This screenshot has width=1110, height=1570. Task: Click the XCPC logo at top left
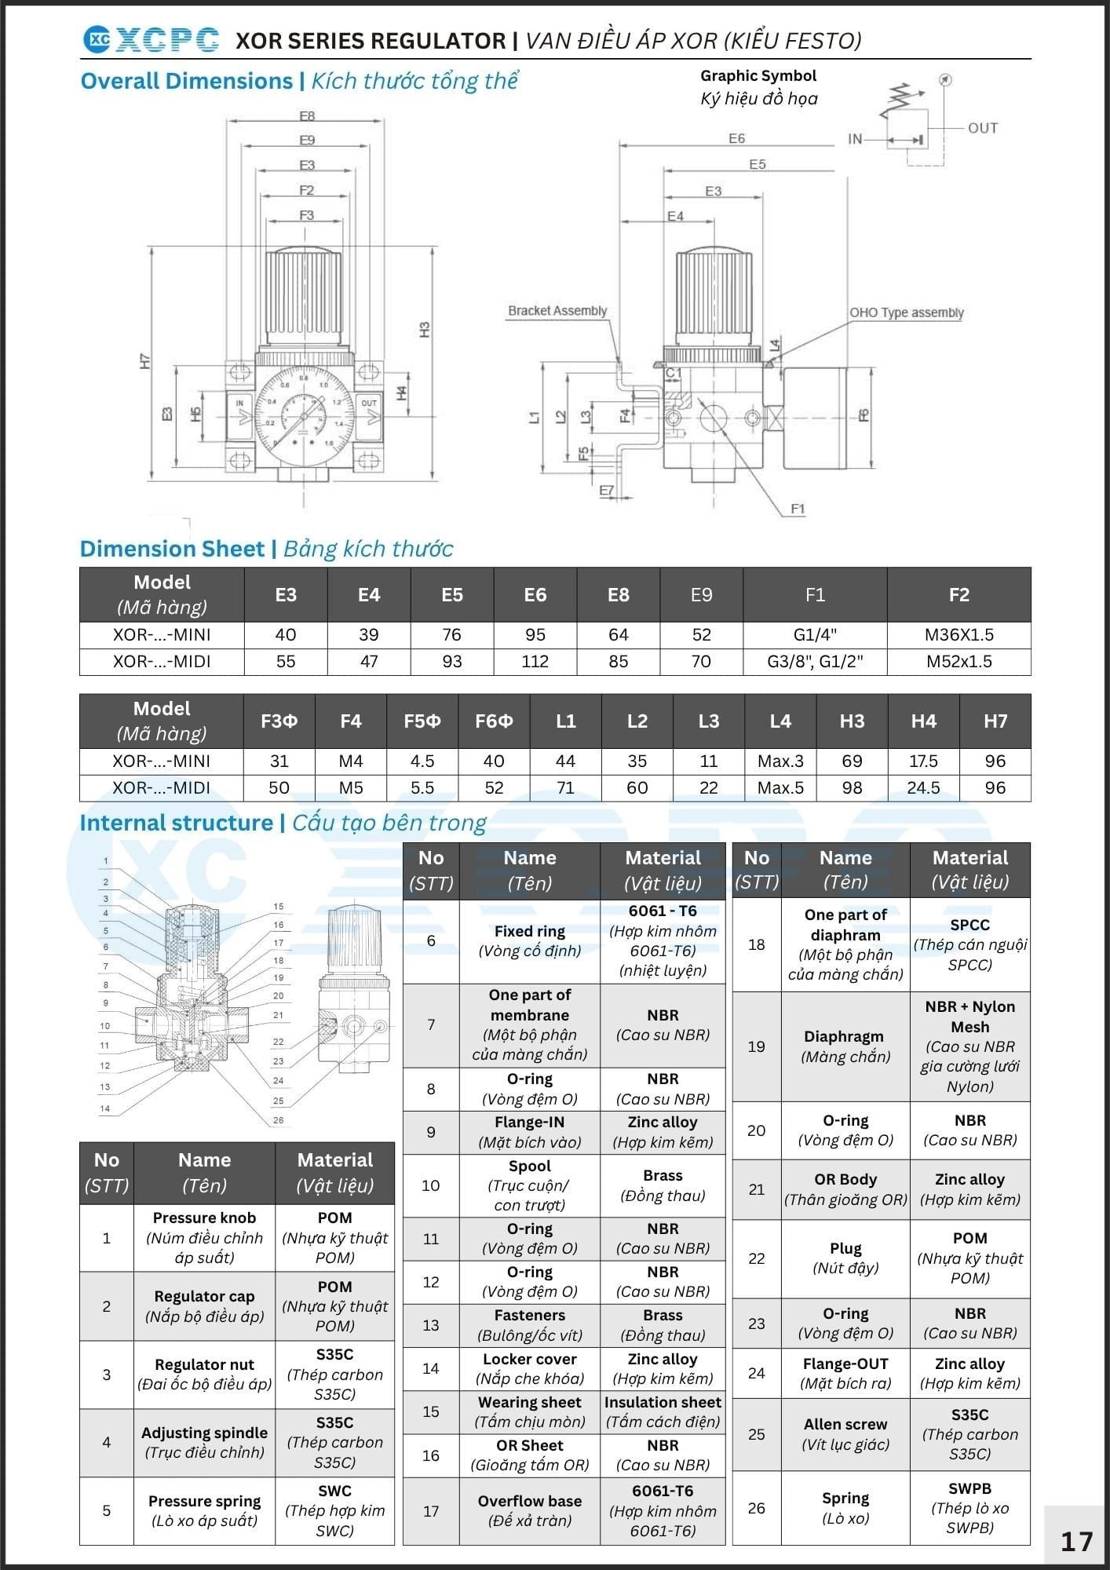tap(151, 39)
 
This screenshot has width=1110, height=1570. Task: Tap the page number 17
tap(1076, 1541)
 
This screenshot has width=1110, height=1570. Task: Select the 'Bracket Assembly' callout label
tap(557, 311)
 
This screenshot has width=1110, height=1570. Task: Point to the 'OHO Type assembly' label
tap(907, 312)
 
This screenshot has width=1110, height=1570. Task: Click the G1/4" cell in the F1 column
tap(815, 634)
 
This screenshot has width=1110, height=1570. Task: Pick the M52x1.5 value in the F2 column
tap(958, 661)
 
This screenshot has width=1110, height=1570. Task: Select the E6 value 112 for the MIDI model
tap(535, 661)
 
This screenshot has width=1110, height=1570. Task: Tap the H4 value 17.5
tap(923, 761)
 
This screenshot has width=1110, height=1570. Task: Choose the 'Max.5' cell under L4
tap(780, 787)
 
